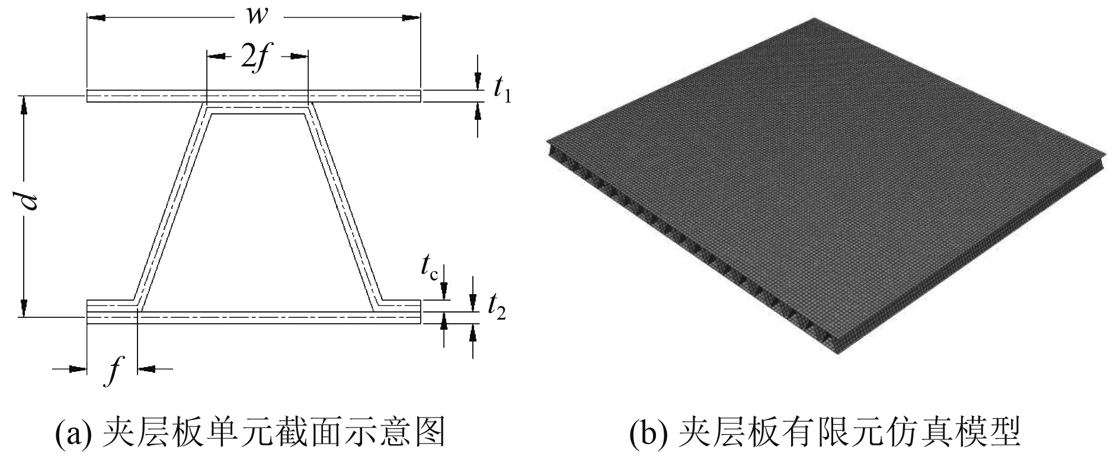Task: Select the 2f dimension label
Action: (x=256, y=58)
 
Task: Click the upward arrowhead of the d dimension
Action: (x=24, y=105)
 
